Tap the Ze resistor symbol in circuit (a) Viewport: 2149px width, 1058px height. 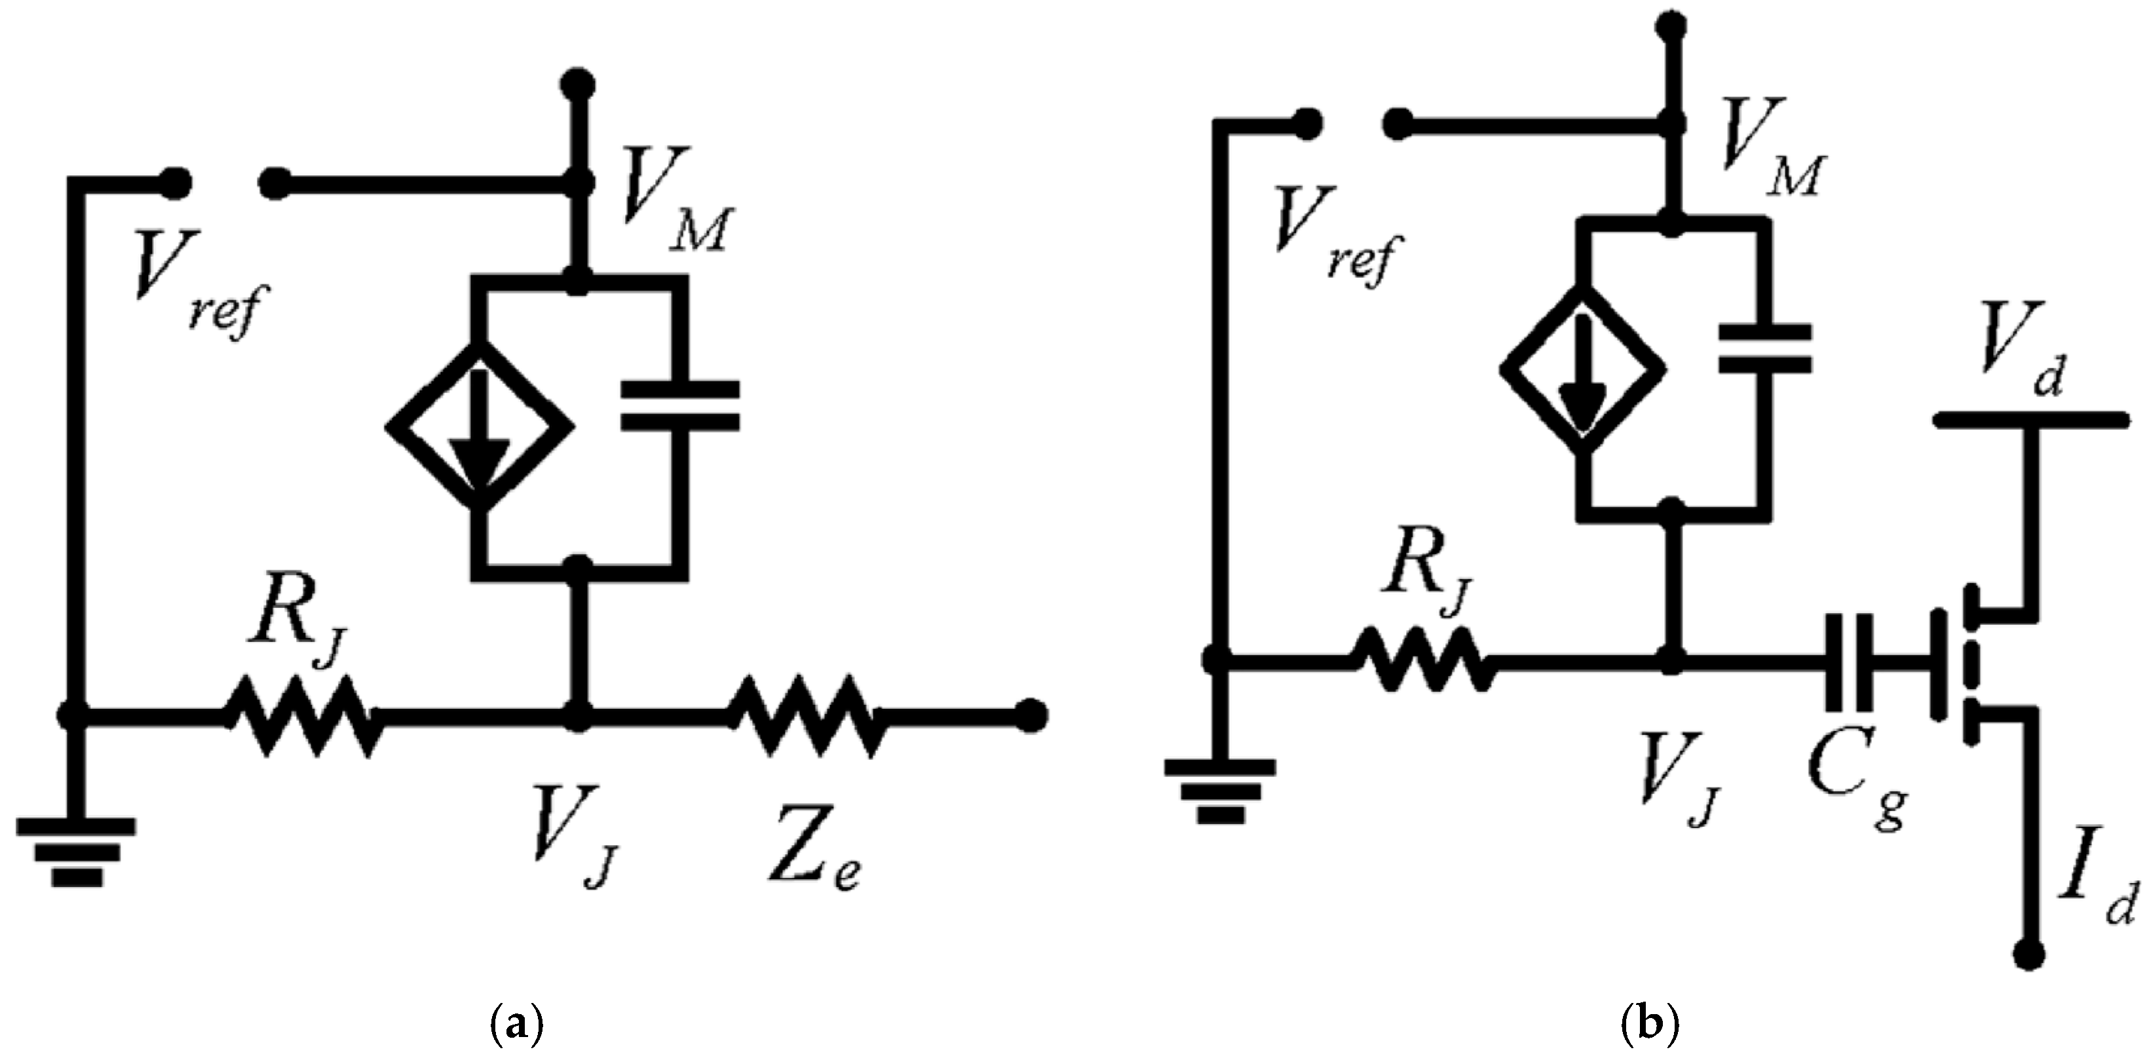806,715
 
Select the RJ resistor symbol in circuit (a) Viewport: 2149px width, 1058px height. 302,715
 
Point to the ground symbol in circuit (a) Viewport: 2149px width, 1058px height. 76,851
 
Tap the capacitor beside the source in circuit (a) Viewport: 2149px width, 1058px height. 680,406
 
